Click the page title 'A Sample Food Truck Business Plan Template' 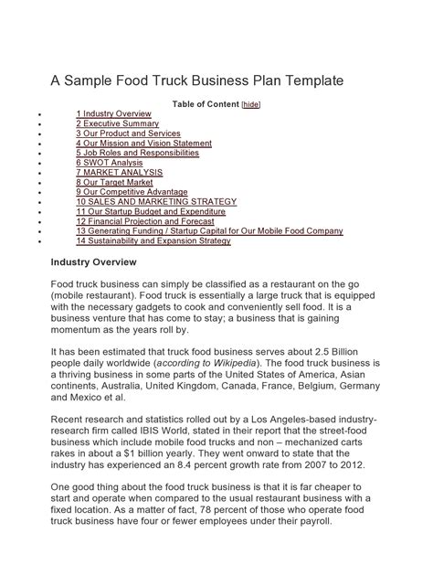pyautogui.click(x=196, y=81)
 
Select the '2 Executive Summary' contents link pyautogui.click(x=117, y=123)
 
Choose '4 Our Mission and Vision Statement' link pyautogui.click(x=143, y=144)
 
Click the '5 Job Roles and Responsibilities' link pyautogui.click(x=137, y=154)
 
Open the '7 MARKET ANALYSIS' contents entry pyautogui.click(x=119, y=173)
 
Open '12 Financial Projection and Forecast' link pyautogui.click(x=144, y=222)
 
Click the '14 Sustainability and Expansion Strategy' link pyautogui.click(x=153, y=241)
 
